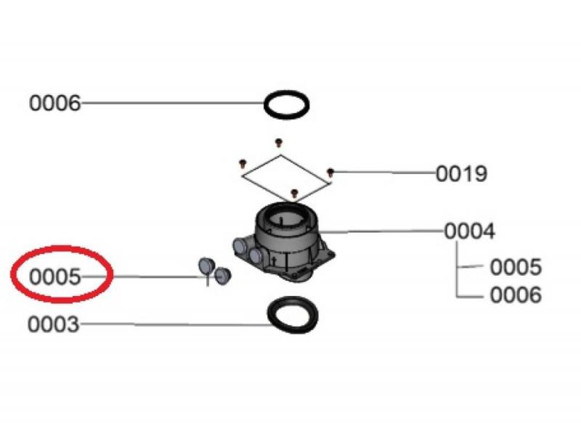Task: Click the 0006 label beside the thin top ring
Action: pyautogui.click(x=54, y=103)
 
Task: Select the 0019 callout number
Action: pyautogui.click(x=461, y=173)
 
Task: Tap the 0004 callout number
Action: pyautogui.click(x=469, y=231)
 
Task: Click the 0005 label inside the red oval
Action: pyautogui.click(x=54, y=277)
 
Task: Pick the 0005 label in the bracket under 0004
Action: pyautogui.click(x=516, y=267)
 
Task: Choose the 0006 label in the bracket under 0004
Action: pyautogui.click(x=516, y=295)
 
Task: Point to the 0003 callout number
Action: pyautogui.click(x=53, y=324)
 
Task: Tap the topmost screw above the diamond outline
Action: pyautogui.click(x=279, y=141)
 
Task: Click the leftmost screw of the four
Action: pyautogui.click(x=243, y=163)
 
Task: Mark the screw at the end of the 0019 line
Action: pyautogui.click(x=330, y=172)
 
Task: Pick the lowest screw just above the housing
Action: pyautogui.click(x=294, y=192)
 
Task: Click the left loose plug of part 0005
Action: pyautogui.click(x=206, y=266)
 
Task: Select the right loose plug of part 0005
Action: pyautogui.click(x=223, y=275)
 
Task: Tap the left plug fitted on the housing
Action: pyautogui.click(x=240, y=245)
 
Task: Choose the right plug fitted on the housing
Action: pyautogui.click(x=256, y=255)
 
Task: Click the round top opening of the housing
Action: pyautogui.click(x=287, y=219)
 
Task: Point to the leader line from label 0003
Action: pyautogui.click(x=176, y=324)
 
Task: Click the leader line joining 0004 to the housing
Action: pyautogui.click(x=381, y=231)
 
